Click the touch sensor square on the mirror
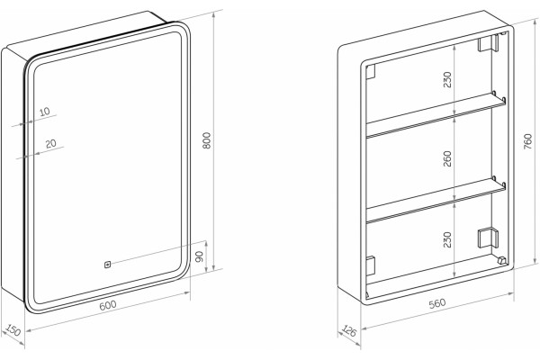[107, 265]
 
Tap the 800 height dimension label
[207, 140]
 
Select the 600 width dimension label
[108, 305]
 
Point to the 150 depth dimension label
[13, 330]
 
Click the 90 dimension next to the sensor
[200, 256]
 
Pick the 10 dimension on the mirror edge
[45, 112]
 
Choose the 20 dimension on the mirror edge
[51, 143]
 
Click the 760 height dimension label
[527, 141]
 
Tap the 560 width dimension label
[437, 303]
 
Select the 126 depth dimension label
[348, 331]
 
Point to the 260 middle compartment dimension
[447, 158]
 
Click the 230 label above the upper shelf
[447, 79]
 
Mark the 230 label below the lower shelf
[447, 239]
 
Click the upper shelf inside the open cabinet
[436, 114]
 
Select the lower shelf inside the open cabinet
[436, 199]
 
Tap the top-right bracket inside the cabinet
[488, 43]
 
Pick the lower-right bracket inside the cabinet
[488, 238]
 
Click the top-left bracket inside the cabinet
[370, 72]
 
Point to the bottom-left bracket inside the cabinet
[370, 266]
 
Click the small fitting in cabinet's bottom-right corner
[502, 260]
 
